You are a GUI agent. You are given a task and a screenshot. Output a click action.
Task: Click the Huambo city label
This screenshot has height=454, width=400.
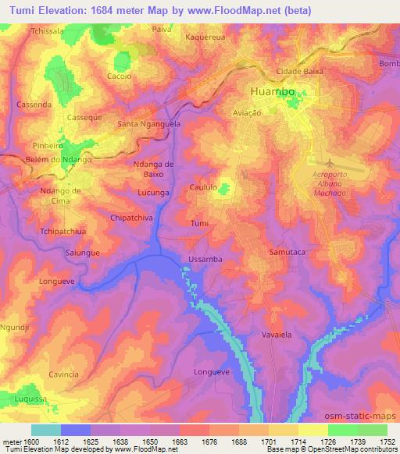(x=273, y=91)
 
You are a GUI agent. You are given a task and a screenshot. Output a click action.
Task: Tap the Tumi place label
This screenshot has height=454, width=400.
(x=199, y=224)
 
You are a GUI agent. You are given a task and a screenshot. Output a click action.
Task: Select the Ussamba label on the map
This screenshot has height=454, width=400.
(x=206, y=258)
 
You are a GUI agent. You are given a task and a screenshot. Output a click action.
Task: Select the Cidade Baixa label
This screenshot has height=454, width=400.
(x=293, y=71)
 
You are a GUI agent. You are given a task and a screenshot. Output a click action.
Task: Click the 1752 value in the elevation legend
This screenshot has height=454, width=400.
(x=387, y=442)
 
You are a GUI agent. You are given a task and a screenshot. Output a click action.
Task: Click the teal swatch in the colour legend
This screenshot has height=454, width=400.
(x=45, y=430)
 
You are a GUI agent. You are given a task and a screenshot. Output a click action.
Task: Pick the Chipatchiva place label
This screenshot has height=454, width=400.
(x=130, y=218)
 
